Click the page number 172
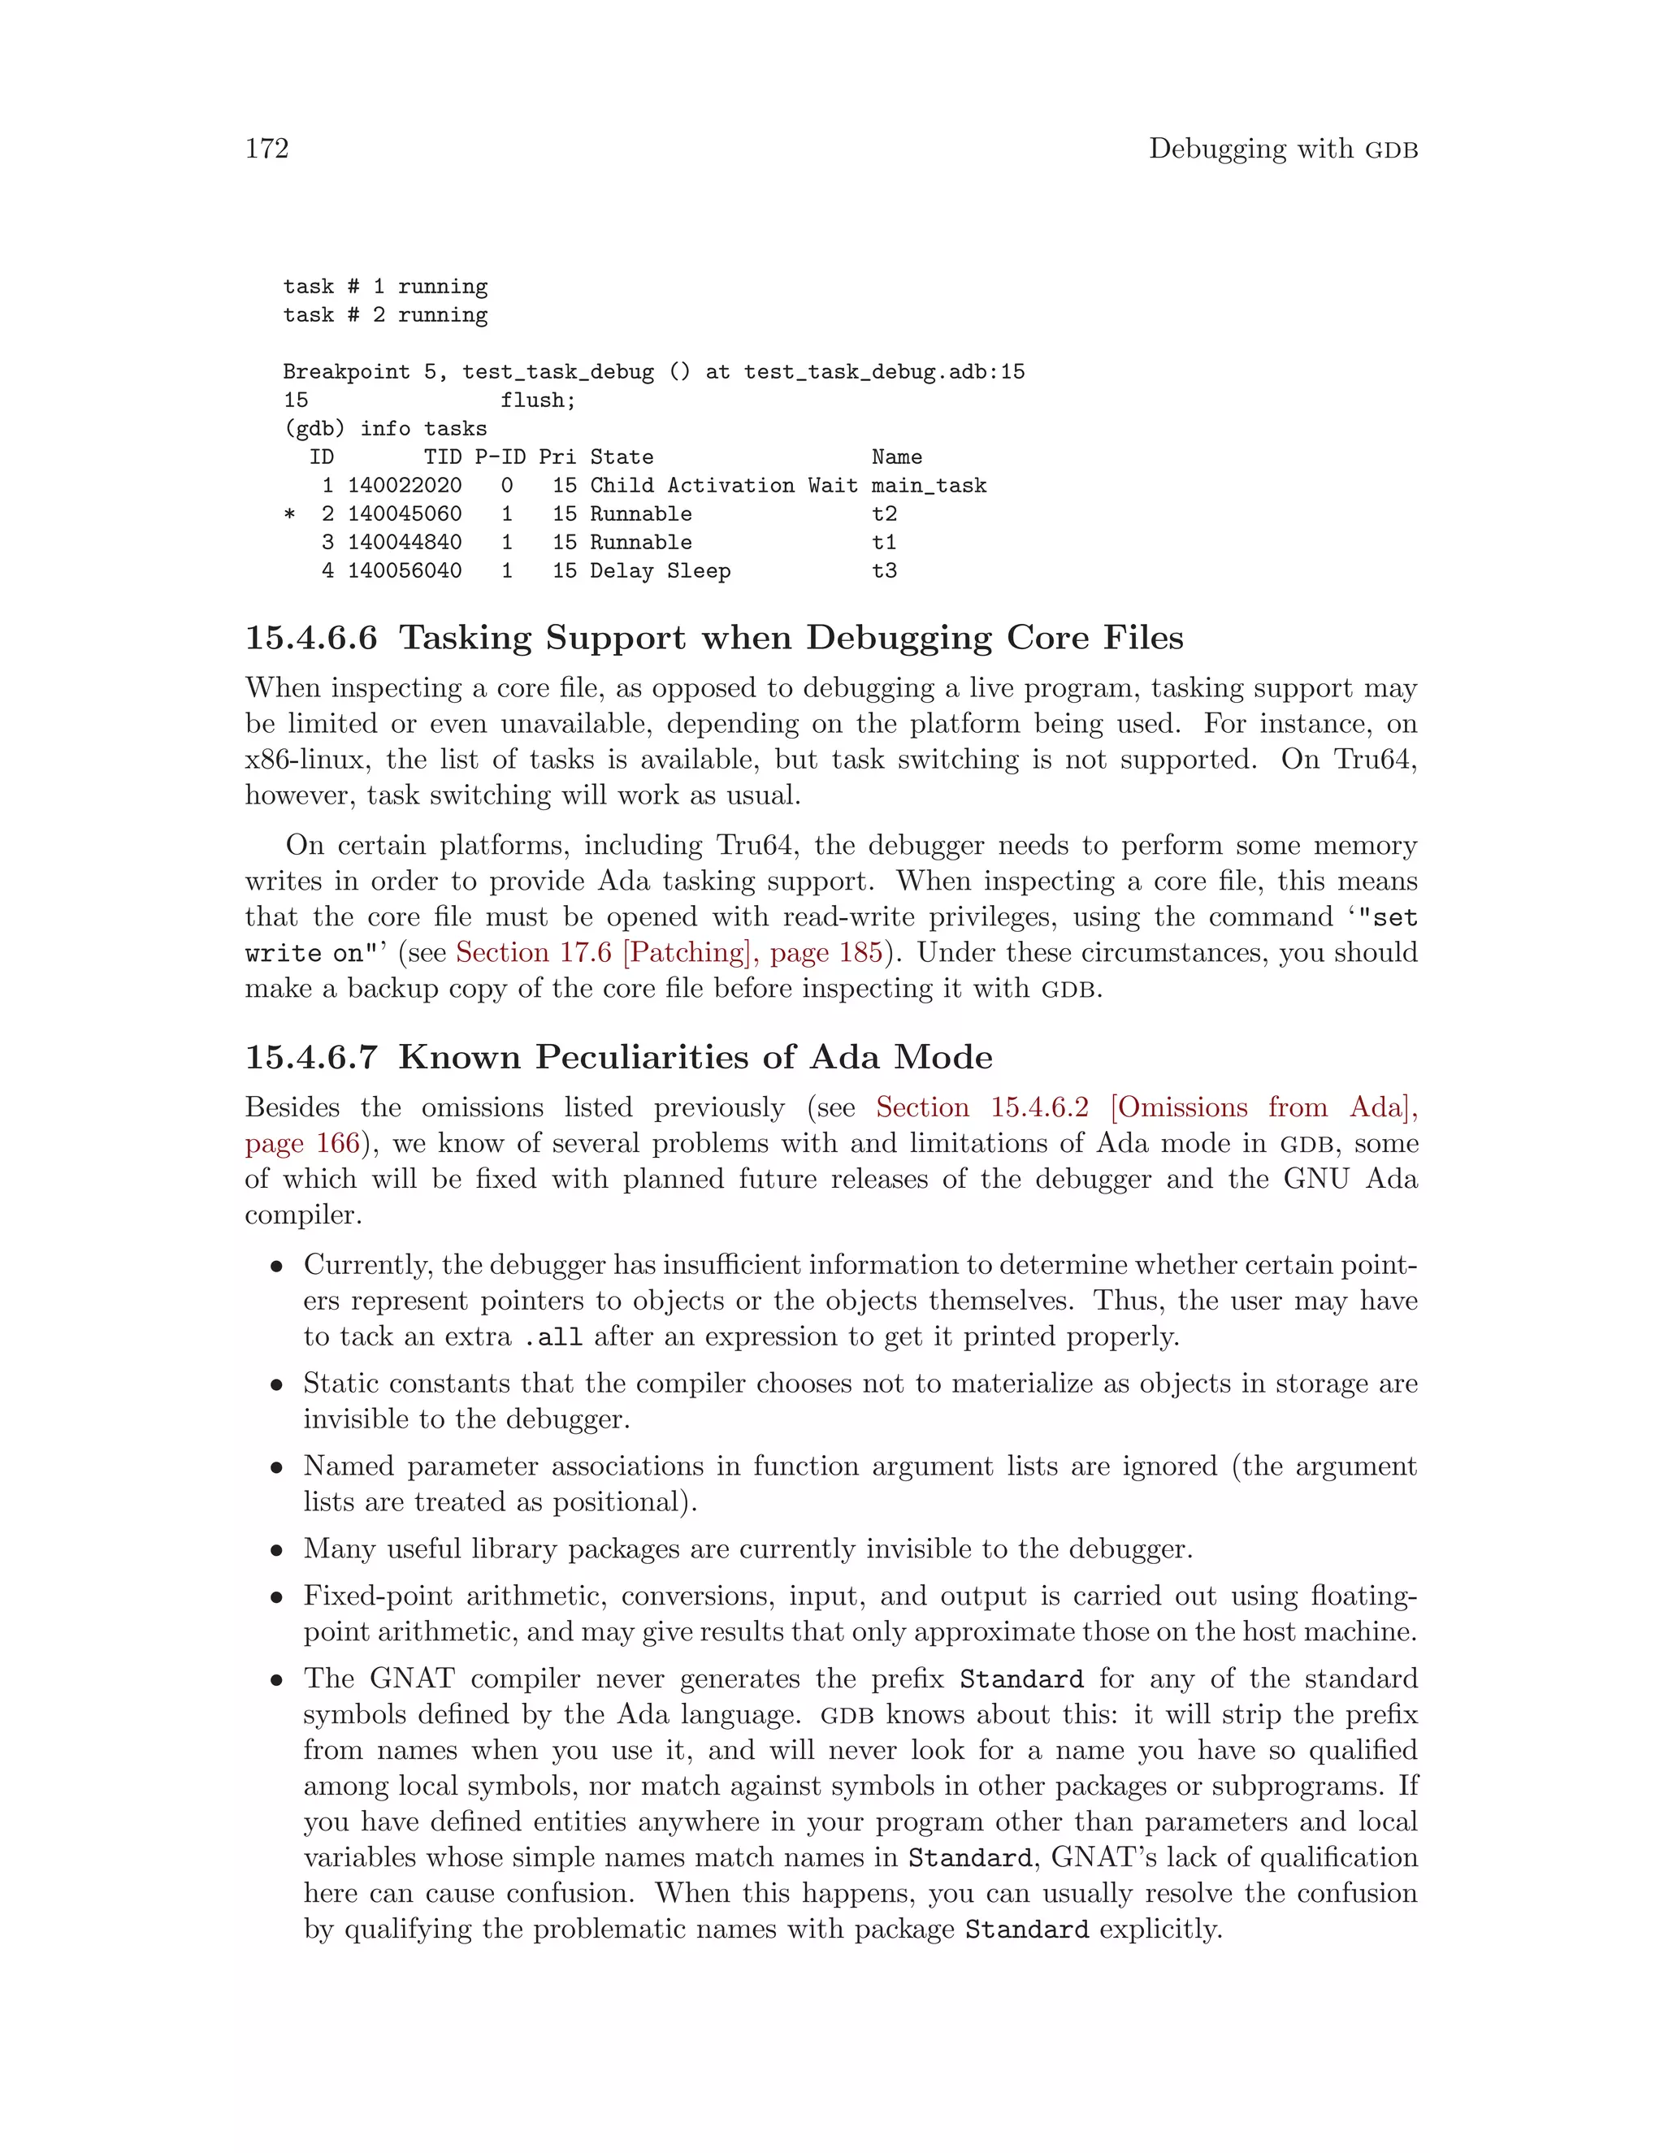pyautogui.click(x=266, y=149)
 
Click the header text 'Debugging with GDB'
pyautogui.click(x=1282, y=149)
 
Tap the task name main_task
pyautogui.click(x=929, y=485)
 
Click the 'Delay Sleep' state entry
pyautogui.click(x=660, y=571)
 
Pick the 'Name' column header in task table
pyautogui.click(x=896, y=457)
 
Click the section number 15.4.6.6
pyautogui.click(x=310, y=638)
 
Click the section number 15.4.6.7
pyautogui.click(x=310, y=1057)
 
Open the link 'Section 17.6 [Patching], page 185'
pyautogui.click(x=669, y=952)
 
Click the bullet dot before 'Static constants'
pyautogui.click(x=278, y=1385)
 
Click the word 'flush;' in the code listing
pyautogui.click(x=537, y=401)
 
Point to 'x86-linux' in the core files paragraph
pyautogui.click(x=305, y=759)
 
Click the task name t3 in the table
pyautogui.click(x=884, y=571)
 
